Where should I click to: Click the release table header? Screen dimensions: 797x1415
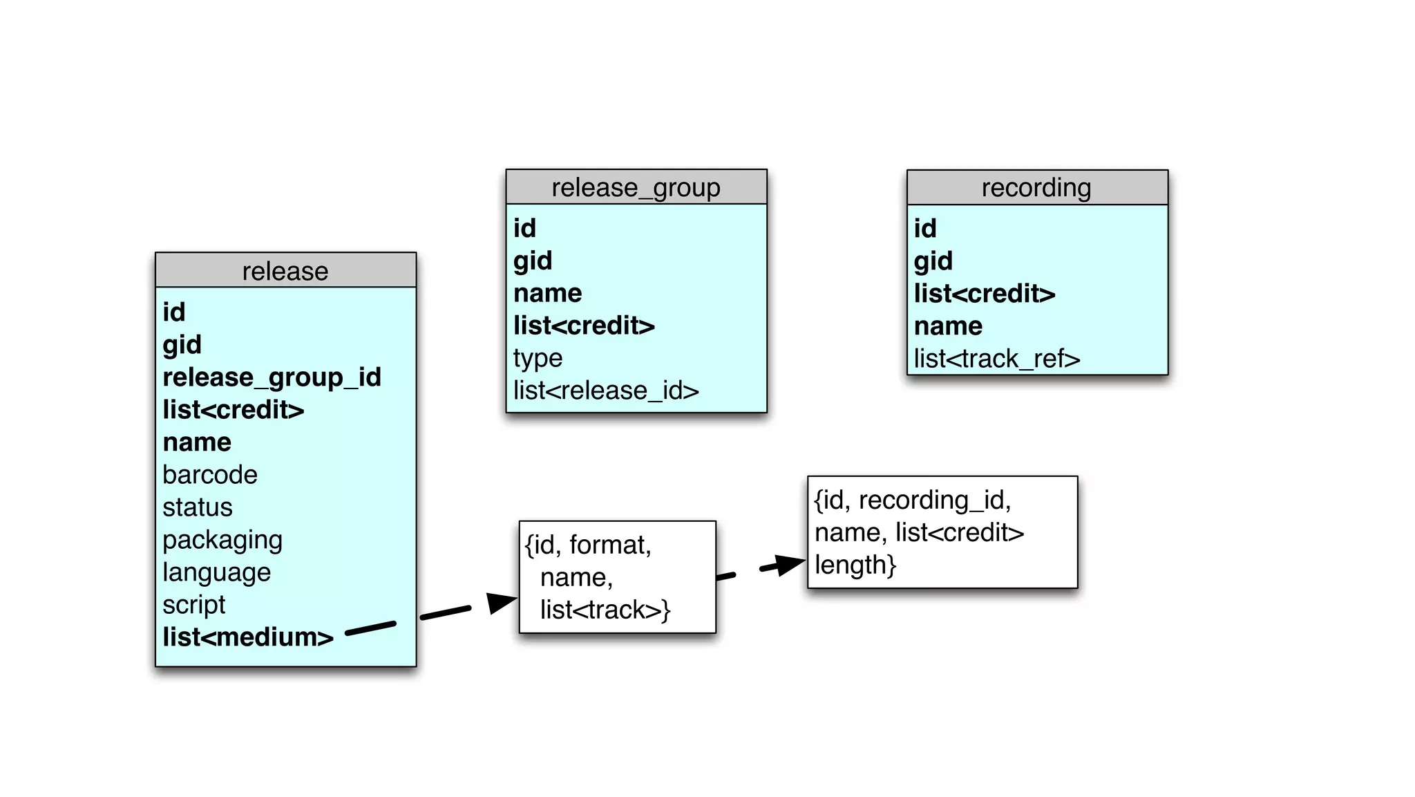tap(285, 271)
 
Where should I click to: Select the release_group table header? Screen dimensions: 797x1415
tap(636, 187)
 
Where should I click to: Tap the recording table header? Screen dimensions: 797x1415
tap(1036, 188)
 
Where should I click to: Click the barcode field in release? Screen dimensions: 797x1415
tap(210, 475)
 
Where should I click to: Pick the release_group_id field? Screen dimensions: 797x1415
tap(272, 377)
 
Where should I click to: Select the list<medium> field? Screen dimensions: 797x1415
tap(248, 637)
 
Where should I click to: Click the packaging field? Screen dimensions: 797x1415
tap(222, 540)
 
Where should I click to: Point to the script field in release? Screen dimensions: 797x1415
tap(193, 605)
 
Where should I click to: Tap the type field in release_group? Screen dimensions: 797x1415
tap(538, 358)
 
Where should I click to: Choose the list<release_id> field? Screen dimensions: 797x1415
tap(606, 391)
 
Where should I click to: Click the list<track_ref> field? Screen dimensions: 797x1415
tap(996, 359)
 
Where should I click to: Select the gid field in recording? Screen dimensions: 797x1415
tap(933, 261)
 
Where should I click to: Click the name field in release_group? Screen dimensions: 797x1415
tap(547, 293)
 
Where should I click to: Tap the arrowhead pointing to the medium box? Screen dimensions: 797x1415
tap(501, 601)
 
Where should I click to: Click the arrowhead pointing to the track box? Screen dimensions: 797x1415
tap(789, 564)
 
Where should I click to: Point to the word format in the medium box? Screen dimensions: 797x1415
tap(609, 545)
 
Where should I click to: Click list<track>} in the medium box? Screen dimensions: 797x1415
tap(605, 610)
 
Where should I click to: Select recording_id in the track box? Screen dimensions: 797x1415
tap(934, 500)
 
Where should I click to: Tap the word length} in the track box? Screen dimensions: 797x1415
tap(855, 565)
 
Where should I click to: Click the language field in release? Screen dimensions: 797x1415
tap(216, 572)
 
